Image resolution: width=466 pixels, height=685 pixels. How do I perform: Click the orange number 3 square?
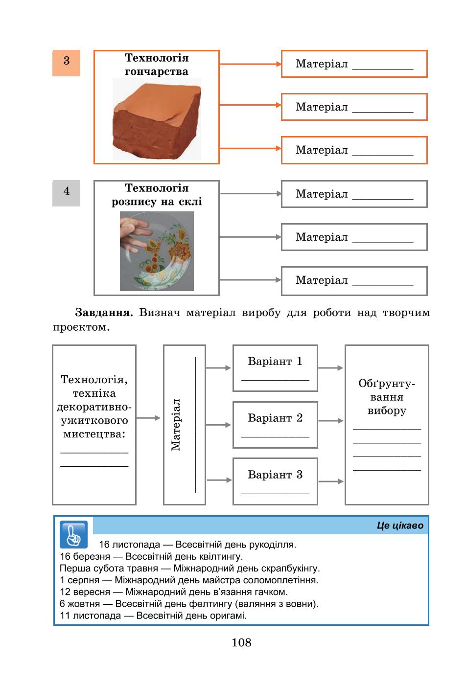(x=66, y=63)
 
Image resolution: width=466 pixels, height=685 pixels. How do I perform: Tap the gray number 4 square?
(x=66, y=193)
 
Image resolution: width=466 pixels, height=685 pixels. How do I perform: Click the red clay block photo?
(x=157, y=119)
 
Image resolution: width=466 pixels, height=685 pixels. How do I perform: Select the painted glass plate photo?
(x=157, y=251)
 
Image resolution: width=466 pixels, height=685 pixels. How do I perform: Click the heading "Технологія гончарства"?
(x=157, y=65)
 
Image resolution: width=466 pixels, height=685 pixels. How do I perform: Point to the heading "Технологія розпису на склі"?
(x=157, y=195)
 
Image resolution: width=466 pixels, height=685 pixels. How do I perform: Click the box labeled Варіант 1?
(x=275, y=368)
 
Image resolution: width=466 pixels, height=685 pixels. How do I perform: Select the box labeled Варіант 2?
(x=275, y=425)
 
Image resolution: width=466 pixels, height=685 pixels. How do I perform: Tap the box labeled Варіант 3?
(x=275, y=481)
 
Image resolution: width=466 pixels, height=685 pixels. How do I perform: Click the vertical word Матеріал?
(x=176, y=425)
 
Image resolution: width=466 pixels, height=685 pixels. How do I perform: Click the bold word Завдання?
(x=104, y=312)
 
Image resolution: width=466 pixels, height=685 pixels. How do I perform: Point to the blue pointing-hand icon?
(x=74, y=534)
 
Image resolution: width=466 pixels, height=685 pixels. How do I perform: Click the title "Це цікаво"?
(x=400, y=525)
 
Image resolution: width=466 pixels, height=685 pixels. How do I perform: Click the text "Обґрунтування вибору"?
(x=387, y=397)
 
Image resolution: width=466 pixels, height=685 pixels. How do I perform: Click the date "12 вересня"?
(x=85, y=592)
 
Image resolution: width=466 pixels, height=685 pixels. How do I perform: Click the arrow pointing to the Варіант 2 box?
(x=218, y=425)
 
